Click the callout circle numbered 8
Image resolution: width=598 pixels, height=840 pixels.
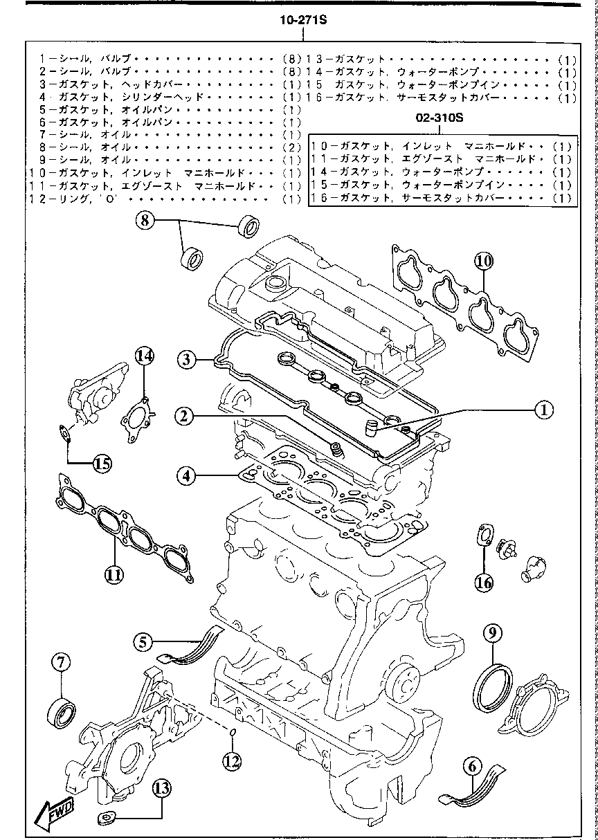click(146, 221)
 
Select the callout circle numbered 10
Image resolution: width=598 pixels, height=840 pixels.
click(484, 261)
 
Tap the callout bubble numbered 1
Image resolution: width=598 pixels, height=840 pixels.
click(543, 410)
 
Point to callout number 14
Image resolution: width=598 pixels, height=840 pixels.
click(144, 356)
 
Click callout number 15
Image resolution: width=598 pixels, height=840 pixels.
click(102, 463)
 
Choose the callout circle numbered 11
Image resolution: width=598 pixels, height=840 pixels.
click(114, 574)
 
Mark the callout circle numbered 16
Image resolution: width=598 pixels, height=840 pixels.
click(484, 583)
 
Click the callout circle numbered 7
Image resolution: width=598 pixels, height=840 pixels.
click(60, 662)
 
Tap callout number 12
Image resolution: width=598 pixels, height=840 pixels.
click(232, 760)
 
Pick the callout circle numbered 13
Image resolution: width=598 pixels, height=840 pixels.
click(162, 787)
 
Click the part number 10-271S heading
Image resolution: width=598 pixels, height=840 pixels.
click(302, 21)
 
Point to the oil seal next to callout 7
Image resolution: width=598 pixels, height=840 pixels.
click(62, 711)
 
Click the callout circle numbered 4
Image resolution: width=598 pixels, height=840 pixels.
click(186, 476)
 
